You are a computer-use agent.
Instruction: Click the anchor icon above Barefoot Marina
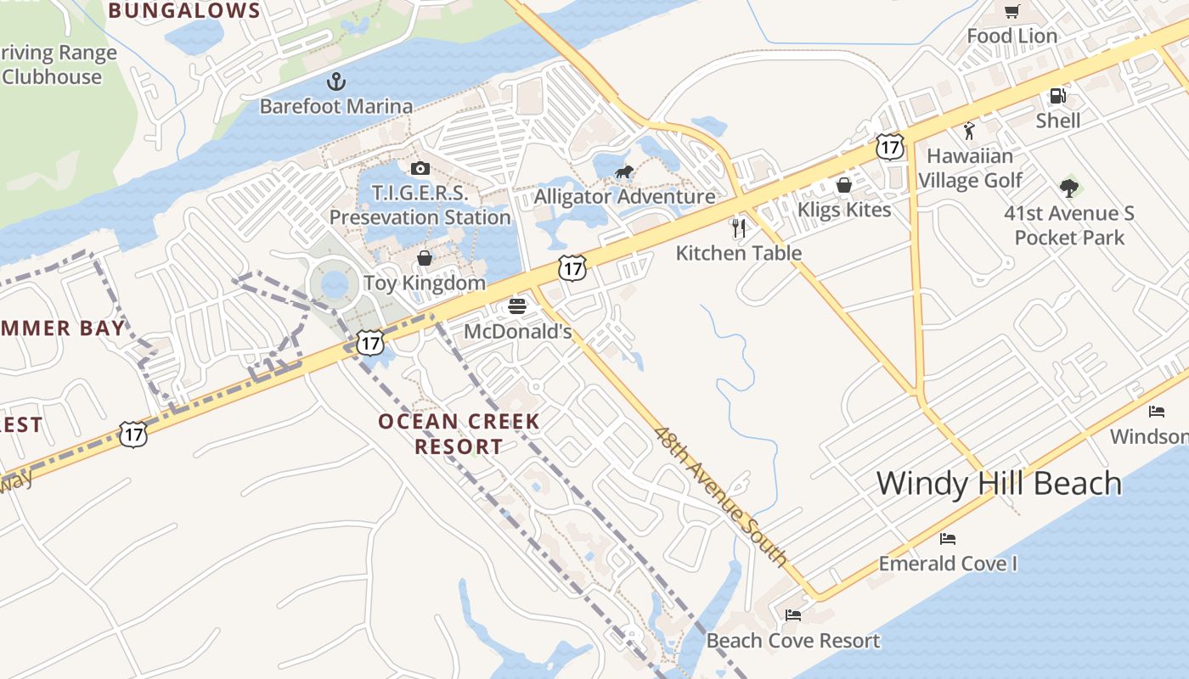[337, 82]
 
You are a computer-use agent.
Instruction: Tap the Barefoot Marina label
[336, 106]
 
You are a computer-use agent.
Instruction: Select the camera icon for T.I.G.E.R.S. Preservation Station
[420, 168]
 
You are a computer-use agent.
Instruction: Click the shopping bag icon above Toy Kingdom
[425, 258]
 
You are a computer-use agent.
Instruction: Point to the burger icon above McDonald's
[517, 306]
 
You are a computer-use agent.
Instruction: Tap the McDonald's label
[517, 331]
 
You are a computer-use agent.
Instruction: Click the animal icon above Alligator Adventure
[624, 173]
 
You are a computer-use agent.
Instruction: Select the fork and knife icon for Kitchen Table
[739, 227]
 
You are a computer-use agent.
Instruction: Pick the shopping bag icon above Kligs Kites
[844, 185]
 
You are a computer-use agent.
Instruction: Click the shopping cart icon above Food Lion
[1012, 11]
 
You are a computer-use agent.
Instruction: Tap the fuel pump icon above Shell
[1057, 96]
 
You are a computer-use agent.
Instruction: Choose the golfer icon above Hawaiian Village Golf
[969, 131]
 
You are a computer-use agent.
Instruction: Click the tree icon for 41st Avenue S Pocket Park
[1069, 188]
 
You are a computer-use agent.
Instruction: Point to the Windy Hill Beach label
[999, 483]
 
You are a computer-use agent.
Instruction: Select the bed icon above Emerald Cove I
[948, 539]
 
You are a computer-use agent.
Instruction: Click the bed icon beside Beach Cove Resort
[793, 614]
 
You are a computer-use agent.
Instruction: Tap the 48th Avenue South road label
[721, 496]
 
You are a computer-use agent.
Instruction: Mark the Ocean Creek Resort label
[459, 433]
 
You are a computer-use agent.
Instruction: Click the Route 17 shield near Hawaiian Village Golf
[889, 146]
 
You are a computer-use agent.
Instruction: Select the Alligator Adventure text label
[624, 197]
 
